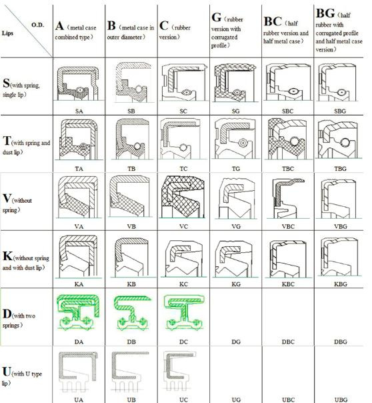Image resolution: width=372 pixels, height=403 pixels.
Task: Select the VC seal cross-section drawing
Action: point(183,197)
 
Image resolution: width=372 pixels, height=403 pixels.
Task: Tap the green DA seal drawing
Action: point(78,312)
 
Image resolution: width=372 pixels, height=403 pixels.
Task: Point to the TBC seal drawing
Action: point(287,139)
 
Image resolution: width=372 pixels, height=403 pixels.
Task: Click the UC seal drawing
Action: point(179,371)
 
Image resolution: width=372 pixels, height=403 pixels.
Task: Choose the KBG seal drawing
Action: point(339,257)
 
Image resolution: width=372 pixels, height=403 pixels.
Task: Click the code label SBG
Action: point(340,111)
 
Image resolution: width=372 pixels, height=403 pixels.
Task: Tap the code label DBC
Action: point(288,342)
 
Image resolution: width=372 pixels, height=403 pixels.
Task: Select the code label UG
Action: point(236,400)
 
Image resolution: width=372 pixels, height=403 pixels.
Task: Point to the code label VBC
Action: point(288,226)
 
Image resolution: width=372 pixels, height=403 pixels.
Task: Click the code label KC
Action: point(183,284)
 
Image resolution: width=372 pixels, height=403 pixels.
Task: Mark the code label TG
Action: point(236,169)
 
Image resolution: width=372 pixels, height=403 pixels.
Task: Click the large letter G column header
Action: point(217,17)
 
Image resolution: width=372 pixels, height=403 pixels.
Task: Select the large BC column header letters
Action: point(273,21)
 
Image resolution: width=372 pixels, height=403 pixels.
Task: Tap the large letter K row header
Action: point(7,256)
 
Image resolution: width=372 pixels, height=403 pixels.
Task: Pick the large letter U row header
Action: point(7,372)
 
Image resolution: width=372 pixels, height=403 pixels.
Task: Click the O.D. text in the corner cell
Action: point(38,25)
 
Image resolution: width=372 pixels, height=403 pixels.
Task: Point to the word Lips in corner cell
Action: point(7,33)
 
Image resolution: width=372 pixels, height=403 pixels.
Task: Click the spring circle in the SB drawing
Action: point(139,89)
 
